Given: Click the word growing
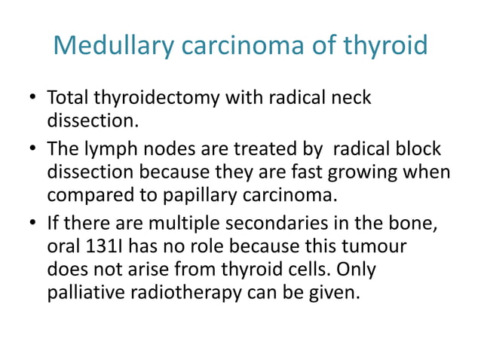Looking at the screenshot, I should click(x=373, y=172).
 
